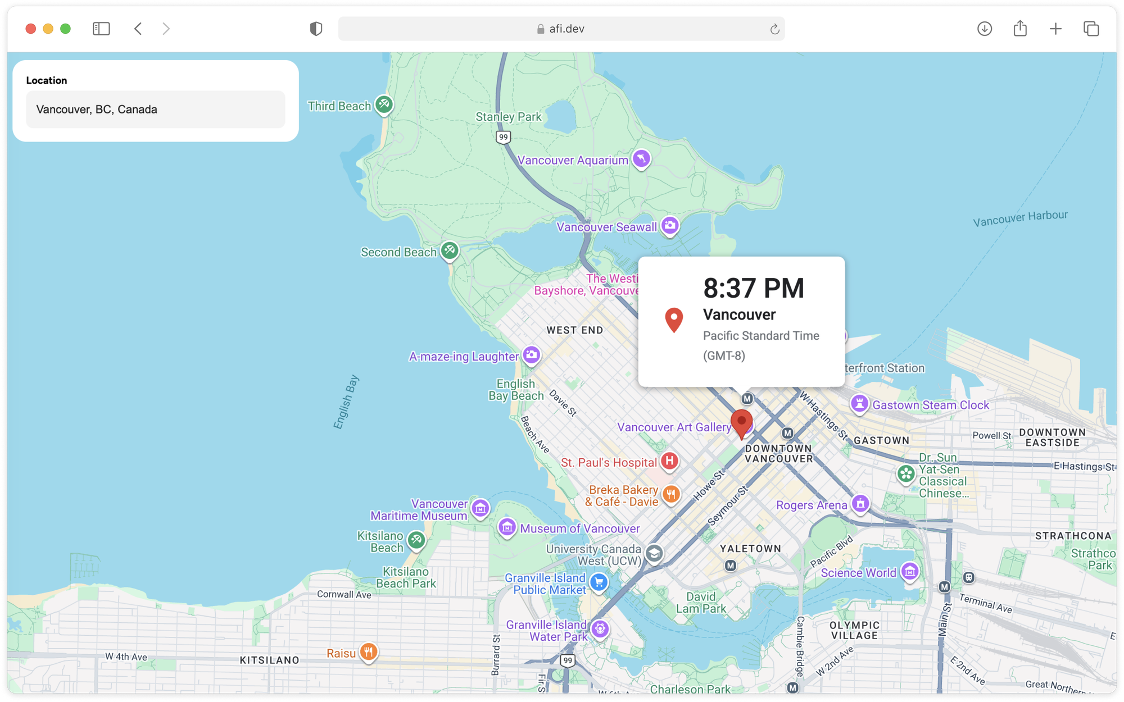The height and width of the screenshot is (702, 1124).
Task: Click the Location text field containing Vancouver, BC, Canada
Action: click(155, 110)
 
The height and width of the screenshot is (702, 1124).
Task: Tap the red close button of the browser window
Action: click(31, 29)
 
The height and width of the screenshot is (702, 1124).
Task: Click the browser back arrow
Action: click(138, 29)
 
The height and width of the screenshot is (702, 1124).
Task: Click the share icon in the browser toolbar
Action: click(1020, 29)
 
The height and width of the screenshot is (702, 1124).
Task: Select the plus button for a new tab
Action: click(1055, 29)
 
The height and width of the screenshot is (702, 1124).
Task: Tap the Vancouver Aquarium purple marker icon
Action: click(641, 159)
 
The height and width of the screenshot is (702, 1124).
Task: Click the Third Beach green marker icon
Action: click(384, 104)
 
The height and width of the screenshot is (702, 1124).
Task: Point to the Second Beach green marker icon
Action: click(450, 250)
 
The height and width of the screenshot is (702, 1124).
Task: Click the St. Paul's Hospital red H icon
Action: click(669, 461)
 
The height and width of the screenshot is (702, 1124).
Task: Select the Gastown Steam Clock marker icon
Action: click(859, 404)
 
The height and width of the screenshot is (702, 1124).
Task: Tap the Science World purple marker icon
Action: click(910, 572)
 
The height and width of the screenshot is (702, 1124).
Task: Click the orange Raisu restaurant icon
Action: click(369, 652)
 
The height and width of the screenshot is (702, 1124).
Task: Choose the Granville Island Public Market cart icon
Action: click(599, 582)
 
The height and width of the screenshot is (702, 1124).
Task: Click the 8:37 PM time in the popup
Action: click(754, 288)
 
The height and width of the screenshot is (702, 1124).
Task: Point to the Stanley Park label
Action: click(508, 117)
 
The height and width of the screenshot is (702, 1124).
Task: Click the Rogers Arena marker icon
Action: click(860, 504)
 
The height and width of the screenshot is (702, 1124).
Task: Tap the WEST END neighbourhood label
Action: click(574, 330)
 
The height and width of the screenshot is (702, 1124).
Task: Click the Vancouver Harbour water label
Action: click(1020, 218)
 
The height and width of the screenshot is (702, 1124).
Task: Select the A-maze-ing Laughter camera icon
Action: click(531, 355)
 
